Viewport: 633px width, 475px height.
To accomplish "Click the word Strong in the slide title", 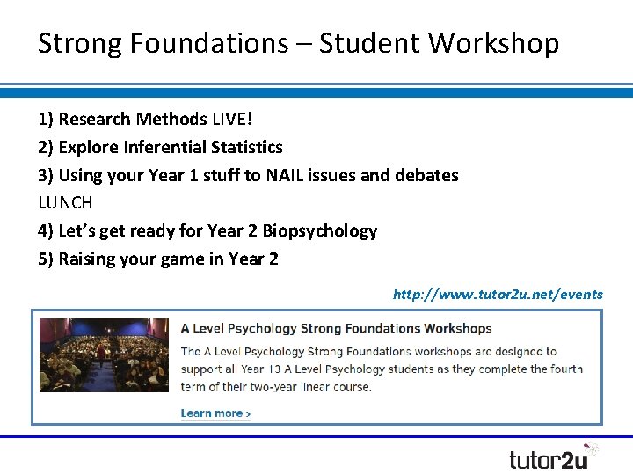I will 77,43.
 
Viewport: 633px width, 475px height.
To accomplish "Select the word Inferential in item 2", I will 167,147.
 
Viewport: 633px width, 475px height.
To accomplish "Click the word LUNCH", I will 65,202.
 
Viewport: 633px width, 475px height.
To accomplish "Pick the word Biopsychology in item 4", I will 319,230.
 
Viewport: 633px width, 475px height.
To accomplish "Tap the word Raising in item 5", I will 88,259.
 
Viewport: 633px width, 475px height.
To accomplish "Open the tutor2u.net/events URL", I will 498,295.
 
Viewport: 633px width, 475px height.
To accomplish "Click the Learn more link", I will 215,413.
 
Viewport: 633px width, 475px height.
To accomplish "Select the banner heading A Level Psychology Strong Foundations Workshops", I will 336,328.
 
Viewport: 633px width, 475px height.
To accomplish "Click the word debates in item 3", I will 426,175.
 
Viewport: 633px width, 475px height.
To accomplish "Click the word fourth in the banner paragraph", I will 563,369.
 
